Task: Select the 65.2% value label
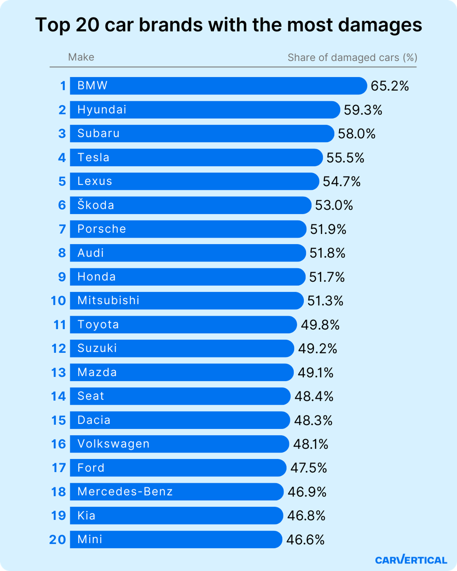[x=389, y=86]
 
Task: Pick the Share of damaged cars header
[x=352, y=57]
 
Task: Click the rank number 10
[x=58, y=301]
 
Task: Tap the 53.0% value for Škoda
[x=334, y=205]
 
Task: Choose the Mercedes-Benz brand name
[x=125, y=492]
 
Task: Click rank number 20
[x=57, y=539]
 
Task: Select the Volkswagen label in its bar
[x=113, y=444]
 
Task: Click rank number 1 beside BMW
[x=63, y=86]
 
